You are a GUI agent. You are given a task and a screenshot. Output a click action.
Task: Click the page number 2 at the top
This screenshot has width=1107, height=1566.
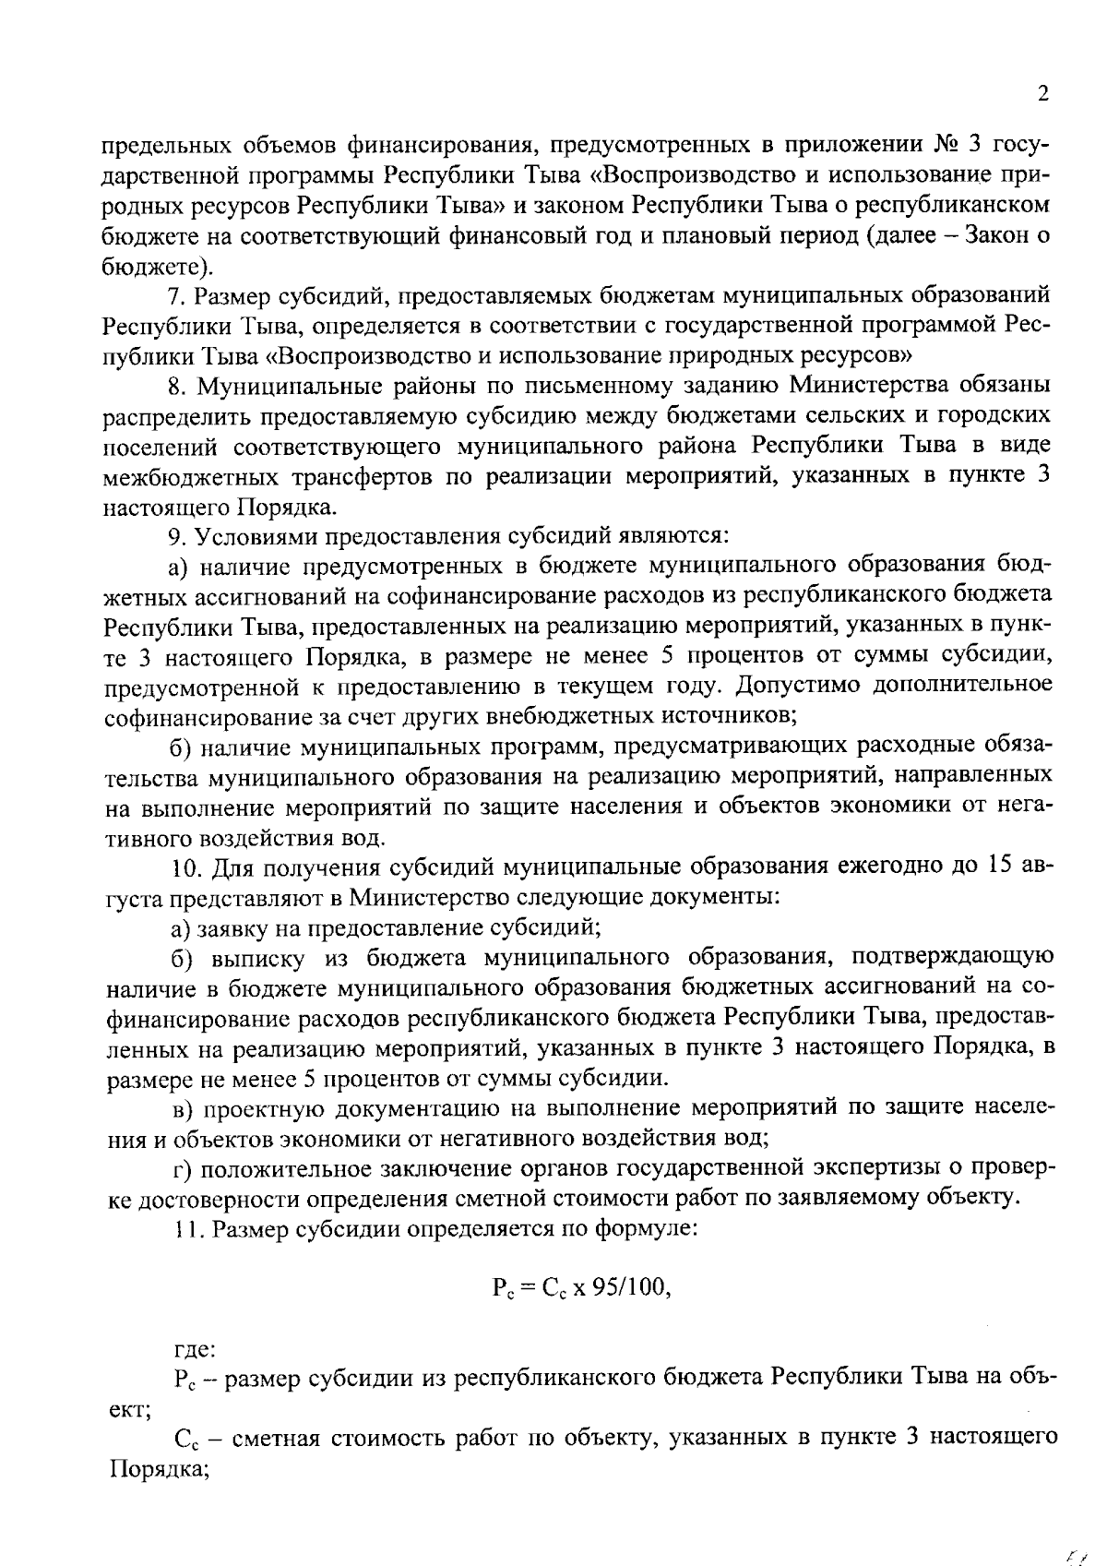[x=1043, y=93]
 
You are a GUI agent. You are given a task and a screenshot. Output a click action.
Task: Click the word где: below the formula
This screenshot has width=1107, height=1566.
[x=196, y=1349]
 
